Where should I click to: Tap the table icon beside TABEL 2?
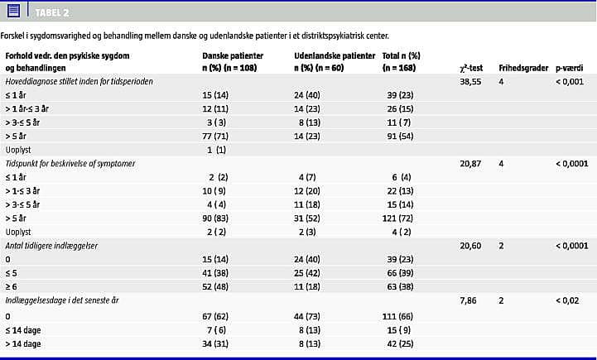point(14,11)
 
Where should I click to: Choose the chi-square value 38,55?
point(470,81)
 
